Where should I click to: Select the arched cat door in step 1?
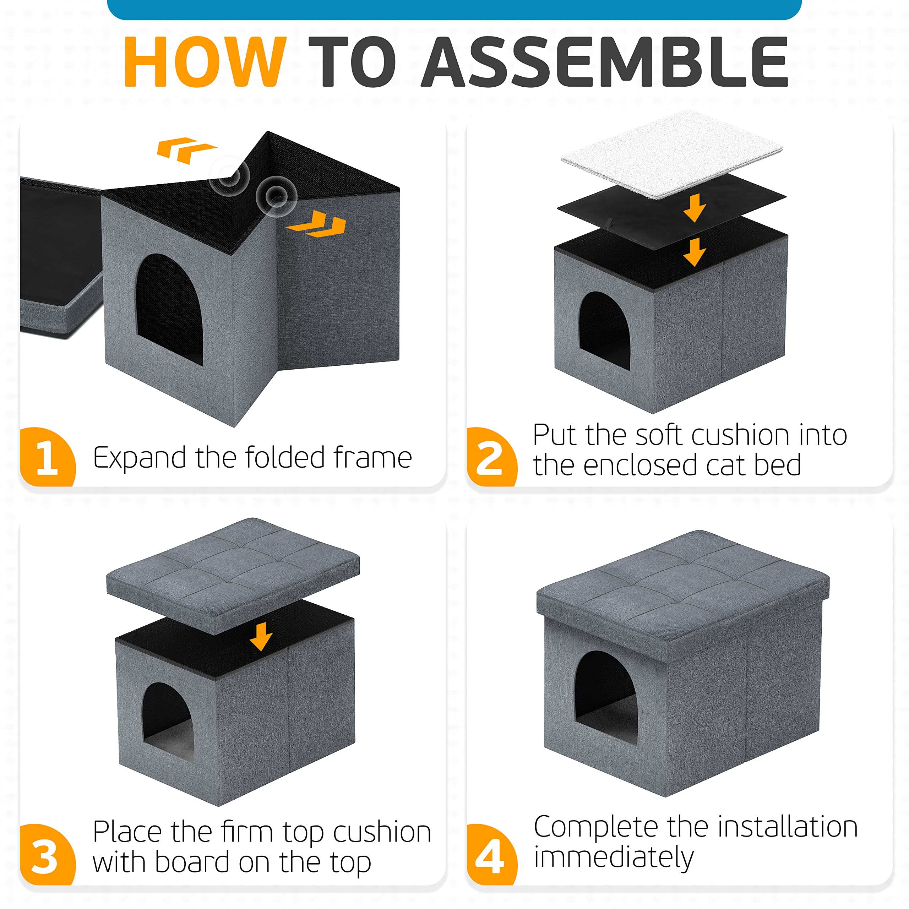(169, 309)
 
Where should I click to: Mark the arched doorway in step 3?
(168, 722)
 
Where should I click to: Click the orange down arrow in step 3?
(261, 637)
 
